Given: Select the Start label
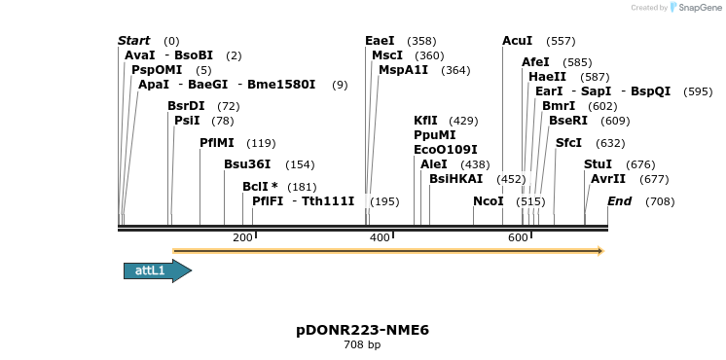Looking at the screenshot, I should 134,41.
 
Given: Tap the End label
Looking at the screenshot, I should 620,201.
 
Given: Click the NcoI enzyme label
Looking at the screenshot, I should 488,201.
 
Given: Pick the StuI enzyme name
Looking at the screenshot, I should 598,164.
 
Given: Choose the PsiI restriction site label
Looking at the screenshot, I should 187,121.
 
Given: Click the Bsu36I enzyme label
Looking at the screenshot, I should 247,164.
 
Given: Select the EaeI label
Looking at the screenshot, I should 380,41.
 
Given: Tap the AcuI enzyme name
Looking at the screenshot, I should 517,41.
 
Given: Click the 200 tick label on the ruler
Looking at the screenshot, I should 242,238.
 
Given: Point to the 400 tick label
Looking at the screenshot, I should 380,238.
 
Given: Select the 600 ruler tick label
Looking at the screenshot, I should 517,238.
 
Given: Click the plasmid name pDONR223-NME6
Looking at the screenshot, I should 362,330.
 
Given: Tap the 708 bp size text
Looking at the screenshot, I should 362,345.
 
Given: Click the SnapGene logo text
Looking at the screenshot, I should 698,8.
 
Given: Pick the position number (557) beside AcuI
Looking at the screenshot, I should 561,41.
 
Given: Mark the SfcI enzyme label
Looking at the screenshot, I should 568,143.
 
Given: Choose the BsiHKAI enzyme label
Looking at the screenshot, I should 455,179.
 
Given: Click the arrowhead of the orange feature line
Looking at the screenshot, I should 600,251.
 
